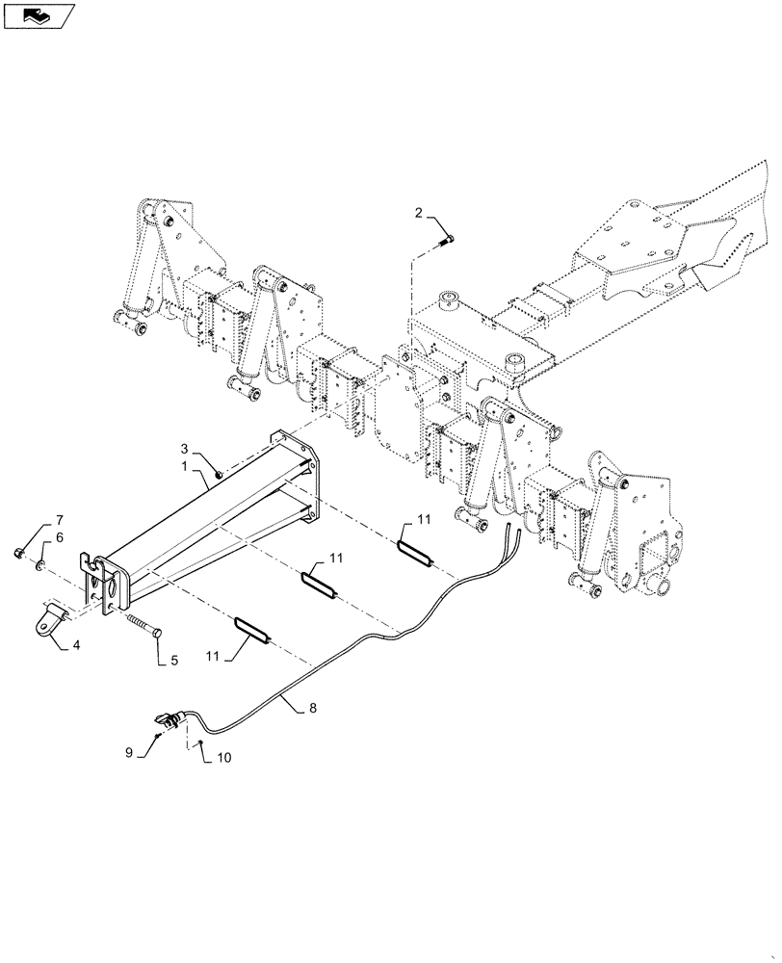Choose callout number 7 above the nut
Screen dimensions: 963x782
(x=59, y=520)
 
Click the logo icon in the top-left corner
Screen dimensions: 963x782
(x=38, y=14)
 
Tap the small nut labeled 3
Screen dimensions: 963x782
(x=221, y=473)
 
